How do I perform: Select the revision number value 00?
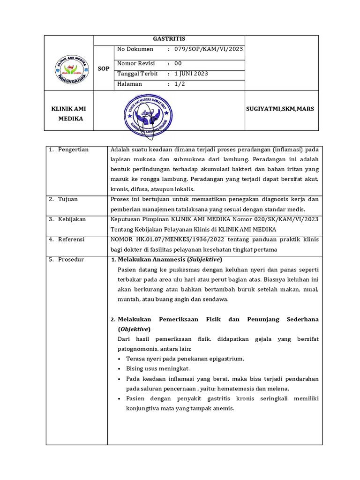[x=178, y=63]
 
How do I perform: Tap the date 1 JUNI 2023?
[x=191, y=74]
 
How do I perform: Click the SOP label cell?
[x=104, y=68]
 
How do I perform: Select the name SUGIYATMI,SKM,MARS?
[x=280, y=109]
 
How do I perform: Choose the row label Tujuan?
[x=68, y=199]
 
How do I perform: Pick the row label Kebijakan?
[x=72, y=219]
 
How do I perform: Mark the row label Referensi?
[x=72, y=239]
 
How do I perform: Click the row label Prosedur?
[x=71, y=259]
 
